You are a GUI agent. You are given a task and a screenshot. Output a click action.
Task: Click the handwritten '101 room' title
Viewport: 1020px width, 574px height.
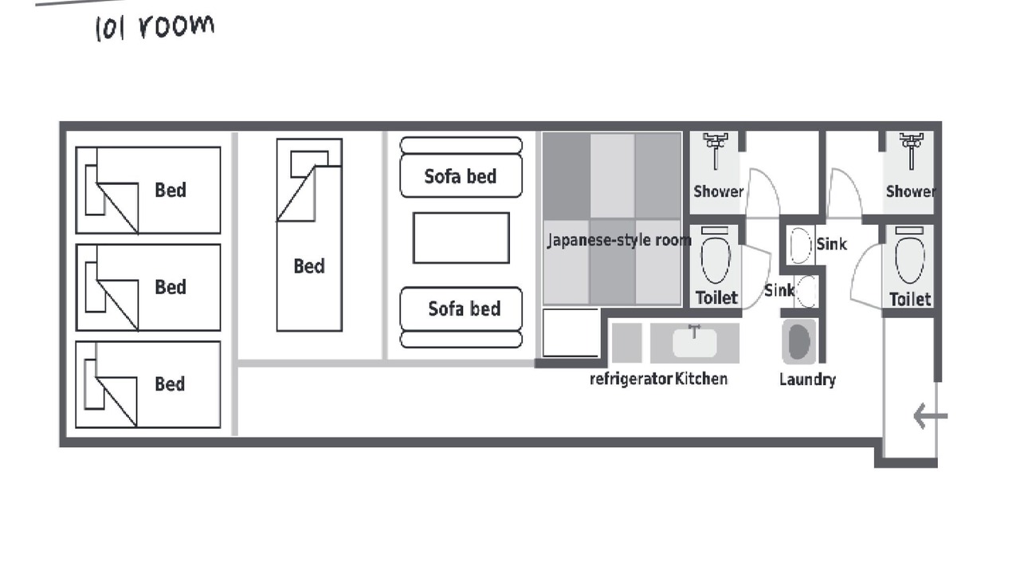coord(155,27)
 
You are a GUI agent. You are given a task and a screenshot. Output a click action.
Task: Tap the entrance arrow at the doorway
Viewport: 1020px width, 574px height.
coord(930,416)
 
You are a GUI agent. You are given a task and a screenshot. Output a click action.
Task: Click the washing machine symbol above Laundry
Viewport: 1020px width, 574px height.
coord(798,342)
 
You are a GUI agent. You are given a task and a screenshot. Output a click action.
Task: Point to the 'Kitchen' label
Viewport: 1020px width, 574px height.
coord(701,379)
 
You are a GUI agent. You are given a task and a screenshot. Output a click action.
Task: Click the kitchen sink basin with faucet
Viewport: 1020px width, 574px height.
coord(695,342)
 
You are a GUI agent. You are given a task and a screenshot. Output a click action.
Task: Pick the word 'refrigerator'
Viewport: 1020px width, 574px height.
coord(631,379)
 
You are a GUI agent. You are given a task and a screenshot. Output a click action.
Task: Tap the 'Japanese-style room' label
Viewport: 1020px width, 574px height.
coord(619,240)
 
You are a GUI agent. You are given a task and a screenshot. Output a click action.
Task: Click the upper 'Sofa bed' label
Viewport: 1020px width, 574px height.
coord(461,177)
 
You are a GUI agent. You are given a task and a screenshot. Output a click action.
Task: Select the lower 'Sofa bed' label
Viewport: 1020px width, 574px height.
coord(465,309)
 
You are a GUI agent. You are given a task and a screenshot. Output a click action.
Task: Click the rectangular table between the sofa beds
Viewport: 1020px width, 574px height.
coord(461,238)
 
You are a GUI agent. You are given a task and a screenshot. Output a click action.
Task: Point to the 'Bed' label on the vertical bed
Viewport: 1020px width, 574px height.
coord(309,266)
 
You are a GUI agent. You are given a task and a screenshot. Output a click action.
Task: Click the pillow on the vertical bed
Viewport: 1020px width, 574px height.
coord(309,164)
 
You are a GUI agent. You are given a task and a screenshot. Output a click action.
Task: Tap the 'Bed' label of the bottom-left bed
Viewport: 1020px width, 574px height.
coord(170,384)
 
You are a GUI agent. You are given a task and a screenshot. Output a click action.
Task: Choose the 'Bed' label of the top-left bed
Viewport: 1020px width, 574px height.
coord(171,190)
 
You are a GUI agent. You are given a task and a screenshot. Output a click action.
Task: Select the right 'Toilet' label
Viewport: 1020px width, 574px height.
coord(910,299)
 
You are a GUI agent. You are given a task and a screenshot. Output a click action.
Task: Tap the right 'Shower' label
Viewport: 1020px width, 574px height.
coord(911,191)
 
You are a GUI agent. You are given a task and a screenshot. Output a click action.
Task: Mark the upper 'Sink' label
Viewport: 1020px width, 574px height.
coord(831,244)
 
